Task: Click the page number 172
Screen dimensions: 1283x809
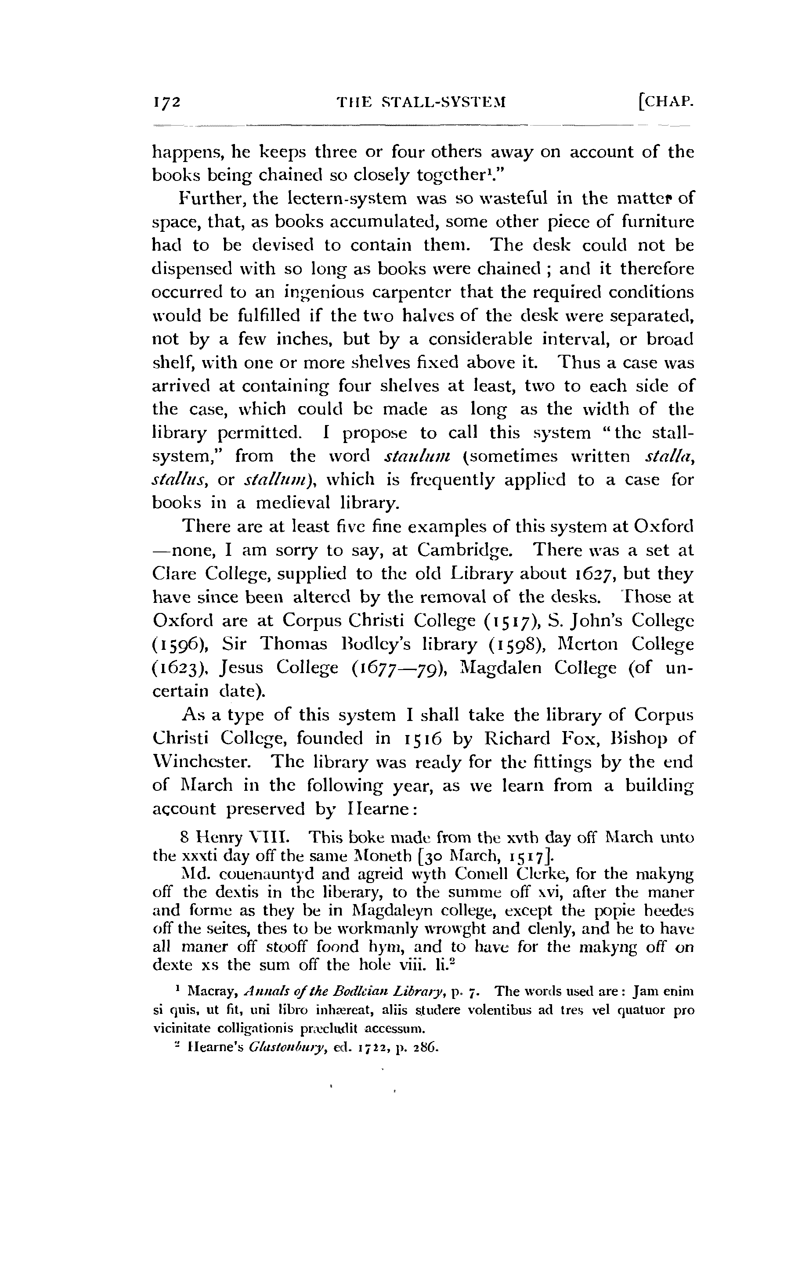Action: tap(167, 102)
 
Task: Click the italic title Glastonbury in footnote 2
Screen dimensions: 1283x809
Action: tap(288, 1047)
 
